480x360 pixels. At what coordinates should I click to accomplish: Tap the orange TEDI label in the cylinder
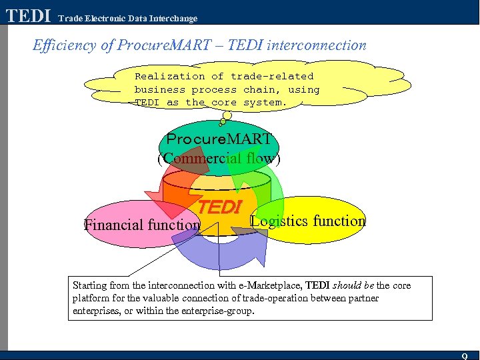point(219,207)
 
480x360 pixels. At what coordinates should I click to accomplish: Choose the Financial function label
point(142,225)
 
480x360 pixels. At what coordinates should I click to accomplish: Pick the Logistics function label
point(309,221)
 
